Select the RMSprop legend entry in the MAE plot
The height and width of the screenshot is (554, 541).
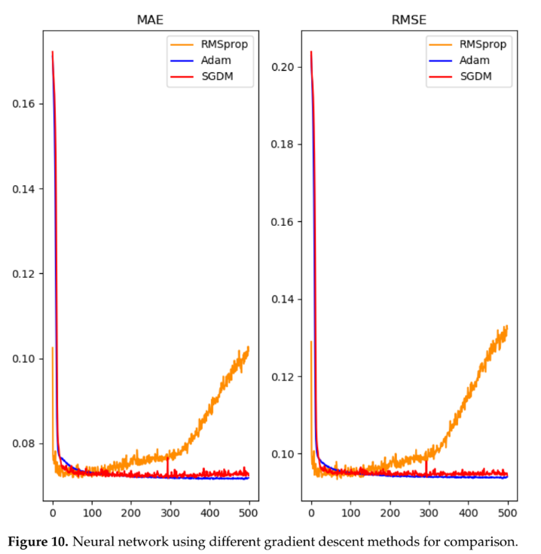[x=224, y=44]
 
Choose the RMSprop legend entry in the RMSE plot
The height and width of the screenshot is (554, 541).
[x=482, y=44]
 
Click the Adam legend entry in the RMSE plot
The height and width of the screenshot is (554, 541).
[x=475, y=60]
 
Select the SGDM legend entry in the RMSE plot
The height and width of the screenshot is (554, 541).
[x=475, y=76]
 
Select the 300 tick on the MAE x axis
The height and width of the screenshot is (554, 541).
[x=170, y=513]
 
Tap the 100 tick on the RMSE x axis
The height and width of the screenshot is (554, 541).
[x=350, y=513]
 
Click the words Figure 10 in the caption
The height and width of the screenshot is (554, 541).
[x=40, y=540]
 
